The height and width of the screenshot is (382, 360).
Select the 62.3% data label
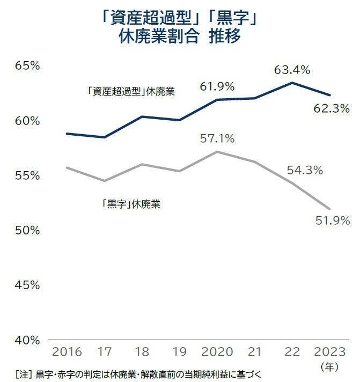click(331, 109)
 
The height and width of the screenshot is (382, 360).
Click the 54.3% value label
click(304, 171)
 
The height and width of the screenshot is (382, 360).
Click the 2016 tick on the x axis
click(67, 352)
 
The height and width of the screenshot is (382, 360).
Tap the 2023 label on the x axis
click(329, 352)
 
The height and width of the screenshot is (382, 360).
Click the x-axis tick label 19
click(179, 352)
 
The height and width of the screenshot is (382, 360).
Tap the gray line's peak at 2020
click(216, 151)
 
